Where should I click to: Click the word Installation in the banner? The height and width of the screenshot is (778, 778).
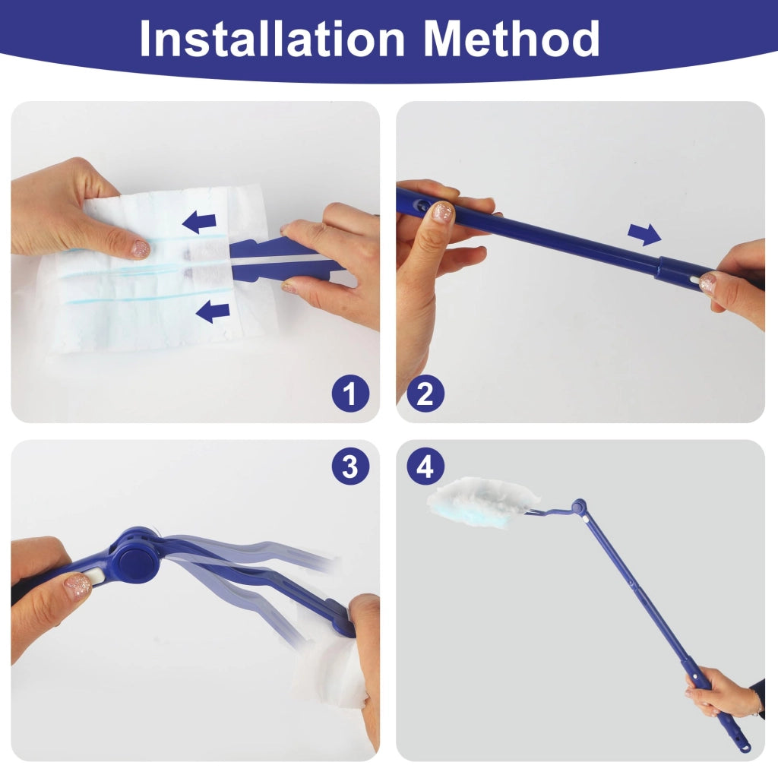pyautogui.click(x=272, y=39)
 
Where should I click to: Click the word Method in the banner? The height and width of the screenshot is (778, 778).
pyautogui.click(x=511, y=39)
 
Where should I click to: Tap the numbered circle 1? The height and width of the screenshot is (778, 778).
pyautogui.click(x=350, y=394)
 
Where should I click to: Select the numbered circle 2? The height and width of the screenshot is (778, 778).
pyautogui.click(x=425, y=394)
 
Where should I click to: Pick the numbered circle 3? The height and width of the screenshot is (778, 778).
pyautogui.click(x=350, y=466)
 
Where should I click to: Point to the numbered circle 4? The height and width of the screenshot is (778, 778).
pyautogui.click(x=425, y=466)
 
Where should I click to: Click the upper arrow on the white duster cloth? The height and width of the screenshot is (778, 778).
pyautogui.click(x=200, y=222)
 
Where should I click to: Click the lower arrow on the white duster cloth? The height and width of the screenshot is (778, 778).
pyautogui.click(x=213, y=311)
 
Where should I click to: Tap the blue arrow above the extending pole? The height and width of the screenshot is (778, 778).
pyautogui.click(x=644, y=234)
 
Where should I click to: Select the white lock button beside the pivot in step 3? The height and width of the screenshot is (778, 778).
pyautogui.click(x=93, y=578)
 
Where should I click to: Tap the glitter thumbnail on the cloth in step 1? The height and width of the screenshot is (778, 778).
pyautogui.click(x=140, y=248)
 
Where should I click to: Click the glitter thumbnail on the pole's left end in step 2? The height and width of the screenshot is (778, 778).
pyautogui.click(x=441, y=212)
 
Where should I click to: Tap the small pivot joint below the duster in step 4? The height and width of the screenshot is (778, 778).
pyautogui.click(x=578, y=507)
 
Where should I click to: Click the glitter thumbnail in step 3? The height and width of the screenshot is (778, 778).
pyautogui.click(x=77, y=586)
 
